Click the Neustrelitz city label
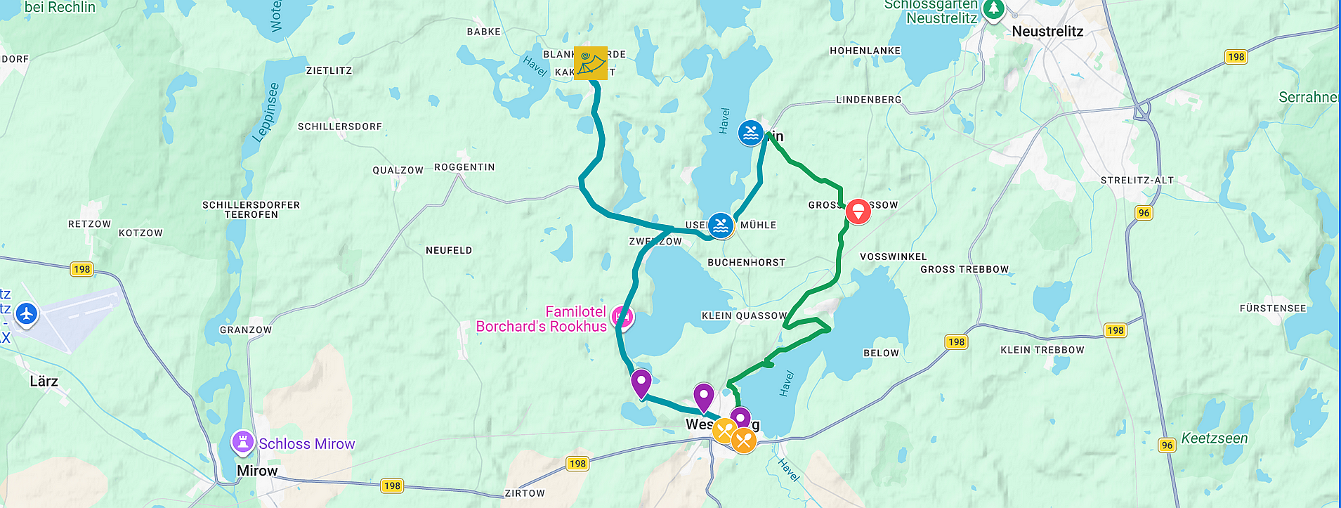click(1047, 32)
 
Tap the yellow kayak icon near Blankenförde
click(590, 63)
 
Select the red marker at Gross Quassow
click(858, 211)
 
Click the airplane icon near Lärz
click(27, 313)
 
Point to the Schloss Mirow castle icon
click(242, 443)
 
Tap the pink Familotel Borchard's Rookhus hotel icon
click(622, 318)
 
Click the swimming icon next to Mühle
click(721, 226)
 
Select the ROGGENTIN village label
click(464, 167)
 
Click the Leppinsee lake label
click(265, 112)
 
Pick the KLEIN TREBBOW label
click(1042, 350)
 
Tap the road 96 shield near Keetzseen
click(1167, 445)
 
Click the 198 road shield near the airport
click(81, 269)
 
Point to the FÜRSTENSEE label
click(1272, 308)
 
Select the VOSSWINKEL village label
click(893, 256)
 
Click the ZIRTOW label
click(524, 493)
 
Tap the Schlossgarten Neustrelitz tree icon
click(993, 10)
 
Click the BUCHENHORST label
click(746, 262)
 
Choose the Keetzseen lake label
click(1214, 438)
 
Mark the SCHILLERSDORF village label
click(339, 126)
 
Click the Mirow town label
click(257, 471)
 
